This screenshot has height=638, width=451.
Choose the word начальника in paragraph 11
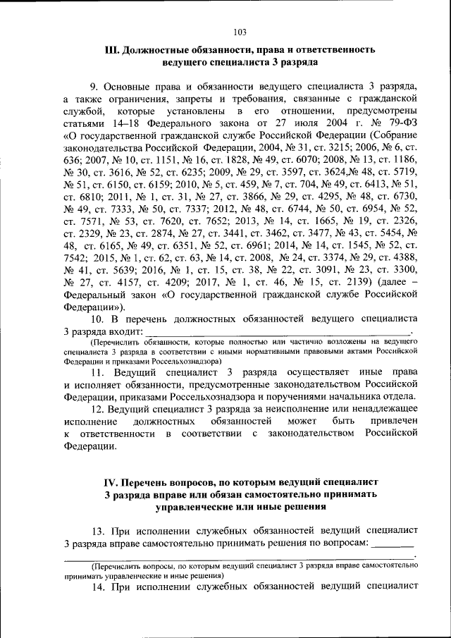pos(369,398)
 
